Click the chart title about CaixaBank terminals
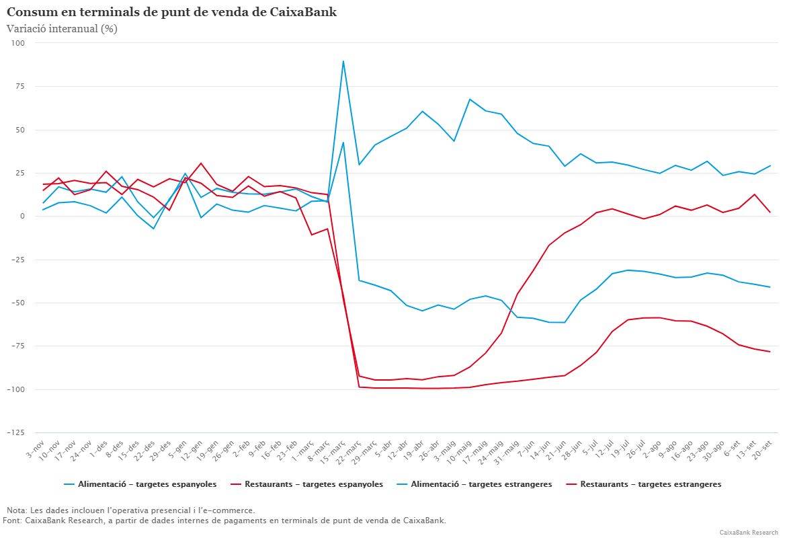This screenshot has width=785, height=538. tap(171, 12)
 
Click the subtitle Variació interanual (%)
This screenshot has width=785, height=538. tap(62, 29)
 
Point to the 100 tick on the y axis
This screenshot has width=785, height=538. tap(17, 43)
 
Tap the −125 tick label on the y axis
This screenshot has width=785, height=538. tap(14, 432)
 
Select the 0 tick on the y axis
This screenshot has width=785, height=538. tap(22, 217)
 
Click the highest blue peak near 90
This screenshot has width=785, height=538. tap(343, 61)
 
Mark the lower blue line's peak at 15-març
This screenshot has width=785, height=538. tap(343, 143)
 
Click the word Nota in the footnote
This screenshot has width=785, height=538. tap(17, 510)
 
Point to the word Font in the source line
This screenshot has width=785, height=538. tap(12, 521)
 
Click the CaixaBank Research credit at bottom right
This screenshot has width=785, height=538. tap(748, 532)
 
